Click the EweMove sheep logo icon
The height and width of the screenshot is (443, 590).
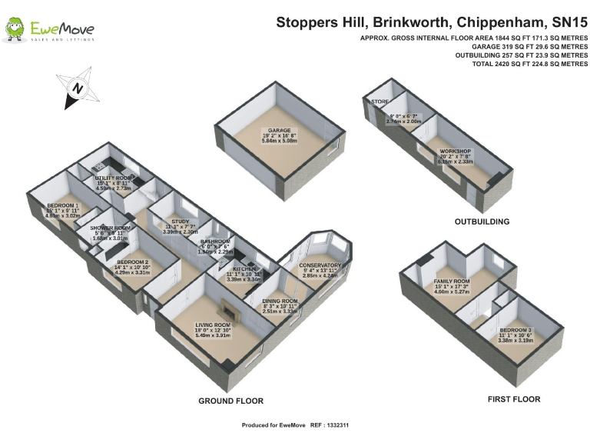pyautogui.click(x=14, y=29)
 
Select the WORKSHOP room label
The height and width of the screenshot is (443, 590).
pyautogui.click(x=455, y=152)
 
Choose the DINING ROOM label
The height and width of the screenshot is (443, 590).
pyautogui.click(x=280, y=301)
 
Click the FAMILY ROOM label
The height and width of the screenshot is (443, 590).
pyautogui.click(x=451, y=282)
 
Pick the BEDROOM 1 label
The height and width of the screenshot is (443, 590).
pyautogui.click(x=63, y=205)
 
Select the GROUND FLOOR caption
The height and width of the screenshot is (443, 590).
pyautogui.click(x=230, y=401)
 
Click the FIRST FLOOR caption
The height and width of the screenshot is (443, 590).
pyautogui.click(x=514, y=399)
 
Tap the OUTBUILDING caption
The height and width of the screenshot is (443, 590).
pyautogui.click(x=482, y=221)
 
